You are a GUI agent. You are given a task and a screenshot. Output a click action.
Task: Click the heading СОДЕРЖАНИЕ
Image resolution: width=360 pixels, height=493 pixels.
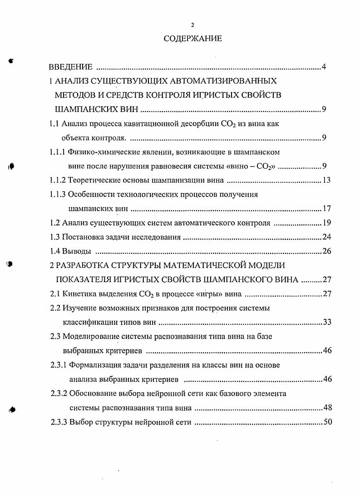coord(193,39)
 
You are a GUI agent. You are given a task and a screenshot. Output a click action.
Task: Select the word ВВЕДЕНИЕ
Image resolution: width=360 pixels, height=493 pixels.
coord(71,68)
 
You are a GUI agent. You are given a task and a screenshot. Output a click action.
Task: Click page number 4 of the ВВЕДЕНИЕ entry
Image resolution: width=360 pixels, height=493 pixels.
coord(324,68)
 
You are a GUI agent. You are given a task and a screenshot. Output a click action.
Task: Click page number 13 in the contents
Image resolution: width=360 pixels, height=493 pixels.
coord(326,181)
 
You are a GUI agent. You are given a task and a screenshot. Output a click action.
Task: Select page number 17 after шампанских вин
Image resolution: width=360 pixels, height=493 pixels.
coord(326,209)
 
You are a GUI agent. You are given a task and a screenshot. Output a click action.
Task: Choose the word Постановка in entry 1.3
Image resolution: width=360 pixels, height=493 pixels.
coord(83,237)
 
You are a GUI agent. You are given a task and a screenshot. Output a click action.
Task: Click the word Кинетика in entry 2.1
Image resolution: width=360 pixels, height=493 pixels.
coord(78,293)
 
